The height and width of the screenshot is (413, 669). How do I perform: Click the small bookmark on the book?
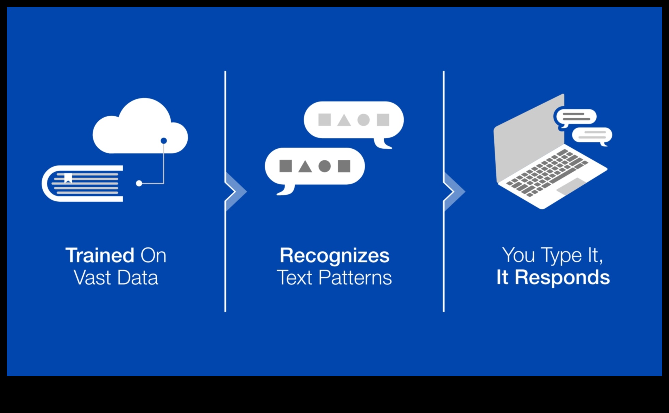[x=68, y=178]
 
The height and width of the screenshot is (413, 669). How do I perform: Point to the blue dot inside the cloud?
[x=164, y=141]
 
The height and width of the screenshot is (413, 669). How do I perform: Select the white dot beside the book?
[x=139, y=184]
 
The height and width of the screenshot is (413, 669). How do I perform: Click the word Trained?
[x=100, y=255]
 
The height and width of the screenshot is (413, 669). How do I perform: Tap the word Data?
[x=138, y=278]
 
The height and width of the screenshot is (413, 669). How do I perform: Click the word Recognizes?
[x=334, y=255]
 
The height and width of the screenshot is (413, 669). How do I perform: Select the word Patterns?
[x=355, y=278]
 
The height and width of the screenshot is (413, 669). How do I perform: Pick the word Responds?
[x=562, y=277]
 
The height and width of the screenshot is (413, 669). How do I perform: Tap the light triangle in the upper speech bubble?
[x=344, y=120]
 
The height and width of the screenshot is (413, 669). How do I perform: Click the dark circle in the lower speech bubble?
[x=325, y=166]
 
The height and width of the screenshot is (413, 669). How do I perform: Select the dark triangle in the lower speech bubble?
[x=305, y=166]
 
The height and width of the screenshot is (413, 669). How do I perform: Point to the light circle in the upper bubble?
[x=364, y=120]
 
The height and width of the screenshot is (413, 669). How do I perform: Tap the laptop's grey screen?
[x=527, y=137]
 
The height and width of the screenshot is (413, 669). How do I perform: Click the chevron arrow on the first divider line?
[x=236, y=191]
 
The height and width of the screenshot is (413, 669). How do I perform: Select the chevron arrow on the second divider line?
[x=454, y=191]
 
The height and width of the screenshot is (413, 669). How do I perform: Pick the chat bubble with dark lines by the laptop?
[x=576, y=117]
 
